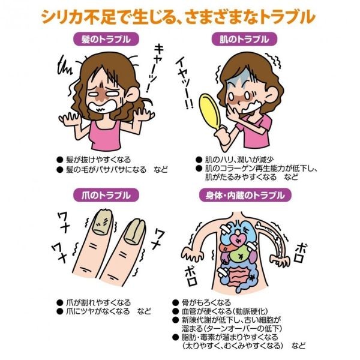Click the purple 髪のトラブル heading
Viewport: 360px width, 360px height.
(x=106, y=39)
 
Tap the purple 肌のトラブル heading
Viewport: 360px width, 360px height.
(x=244, y=39)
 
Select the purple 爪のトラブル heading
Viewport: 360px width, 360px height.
(x=106, y=195)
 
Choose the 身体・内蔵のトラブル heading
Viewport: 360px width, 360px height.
(x=245, y=195)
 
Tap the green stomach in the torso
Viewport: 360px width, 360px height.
(x=239, y=255)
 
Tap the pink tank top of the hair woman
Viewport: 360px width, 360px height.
(x=106, y=136)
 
